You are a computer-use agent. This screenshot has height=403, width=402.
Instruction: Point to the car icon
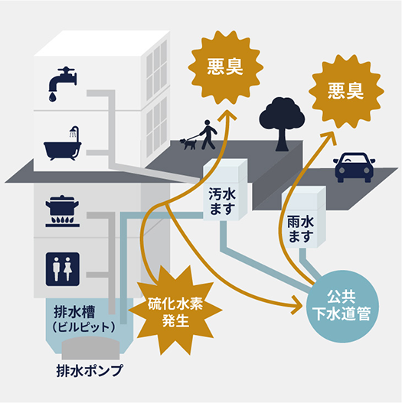click(353, 165)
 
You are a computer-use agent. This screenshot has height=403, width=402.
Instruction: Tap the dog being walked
click(187, 143)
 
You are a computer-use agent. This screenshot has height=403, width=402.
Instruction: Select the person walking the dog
click(208, 135)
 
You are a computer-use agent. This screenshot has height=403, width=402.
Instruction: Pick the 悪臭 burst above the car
click(345, 88)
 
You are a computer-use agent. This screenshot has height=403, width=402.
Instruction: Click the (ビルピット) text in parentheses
click(84, 327)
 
